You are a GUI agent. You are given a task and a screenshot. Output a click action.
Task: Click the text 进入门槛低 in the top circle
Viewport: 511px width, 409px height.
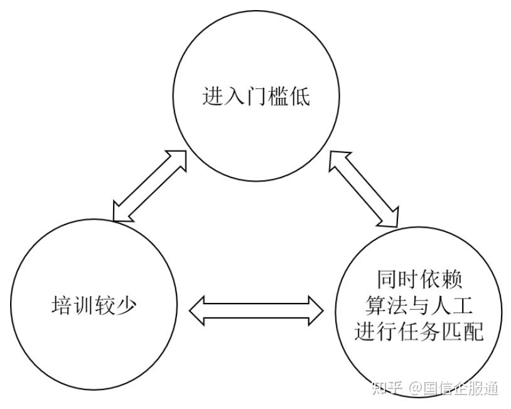click(256, 97)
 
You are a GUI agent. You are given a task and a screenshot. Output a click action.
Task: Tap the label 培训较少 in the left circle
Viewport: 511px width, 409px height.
click(94, 305)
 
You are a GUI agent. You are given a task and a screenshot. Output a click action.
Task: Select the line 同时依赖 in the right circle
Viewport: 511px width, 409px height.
click(419, 279)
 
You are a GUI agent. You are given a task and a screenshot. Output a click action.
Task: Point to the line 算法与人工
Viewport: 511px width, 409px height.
click(419, 305)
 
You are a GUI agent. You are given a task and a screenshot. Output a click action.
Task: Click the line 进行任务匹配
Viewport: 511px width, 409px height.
click(419, 331)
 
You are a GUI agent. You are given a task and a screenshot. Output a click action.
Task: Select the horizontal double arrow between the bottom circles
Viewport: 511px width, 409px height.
click(256, 311)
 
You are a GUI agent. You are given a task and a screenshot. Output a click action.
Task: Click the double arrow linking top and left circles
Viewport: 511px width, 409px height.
click(149, 186)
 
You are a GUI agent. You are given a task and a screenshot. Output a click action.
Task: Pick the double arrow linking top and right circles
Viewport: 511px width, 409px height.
click(363, 189)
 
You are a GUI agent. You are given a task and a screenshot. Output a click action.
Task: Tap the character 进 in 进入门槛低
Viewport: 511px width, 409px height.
click(213, 97)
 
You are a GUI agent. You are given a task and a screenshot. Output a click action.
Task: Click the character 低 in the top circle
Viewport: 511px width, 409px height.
click(299, 97)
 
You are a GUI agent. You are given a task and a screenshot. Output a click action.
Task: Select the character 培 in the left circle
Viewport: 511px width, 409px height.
click(62, 305)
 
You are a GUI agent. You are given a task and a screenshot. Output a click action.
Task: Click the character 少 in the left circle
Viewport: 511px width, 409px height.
click(126, 305)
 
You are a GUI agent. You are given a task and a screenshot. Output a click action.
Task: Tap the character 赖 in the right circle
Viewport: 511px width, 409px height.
click(453, 279)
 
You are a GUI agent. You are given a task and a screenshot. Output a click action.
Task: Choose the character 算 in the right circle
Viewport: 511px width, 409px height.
click(376, 305)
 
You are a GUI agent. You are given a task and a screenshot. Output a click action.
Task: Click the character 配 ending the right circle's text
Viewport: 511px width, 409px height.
click(474, 331)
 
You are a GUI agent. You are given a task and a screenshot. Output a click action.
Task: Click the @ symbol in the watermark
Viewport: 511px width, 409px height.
click(416, 388)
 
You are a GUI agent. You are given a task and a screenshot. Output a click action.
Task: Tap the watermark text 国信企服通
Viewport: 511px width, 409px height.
click(461, 388)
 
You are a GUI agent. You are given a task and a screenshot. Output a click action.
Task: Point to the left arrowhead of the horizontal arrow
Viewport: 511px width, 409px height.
click(197, 311)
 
